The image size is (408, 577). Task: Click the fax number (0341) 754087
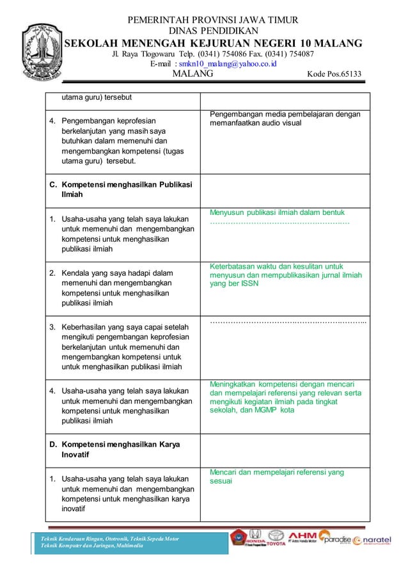[x=281, y=54]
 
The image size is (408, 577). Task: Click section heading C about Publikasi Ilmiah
[x=122, y=191]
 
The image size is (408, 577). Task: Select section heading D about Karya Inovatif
[x=115, y=450]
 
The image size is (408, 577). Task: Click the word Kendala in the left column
[x=77, y=273]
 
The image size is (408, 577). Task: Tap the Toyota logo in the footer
[x=276, y=539]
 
